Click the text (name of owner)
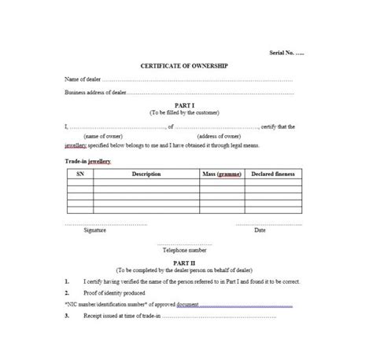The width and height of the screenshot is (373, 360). [100, 134]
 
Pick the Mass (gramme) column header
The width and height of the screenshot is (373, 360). [222, 173]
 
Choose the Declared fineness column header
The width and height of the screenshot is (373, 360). [275, 173]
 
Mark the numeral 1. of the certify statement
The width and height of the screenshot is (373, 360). [66, 281]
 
